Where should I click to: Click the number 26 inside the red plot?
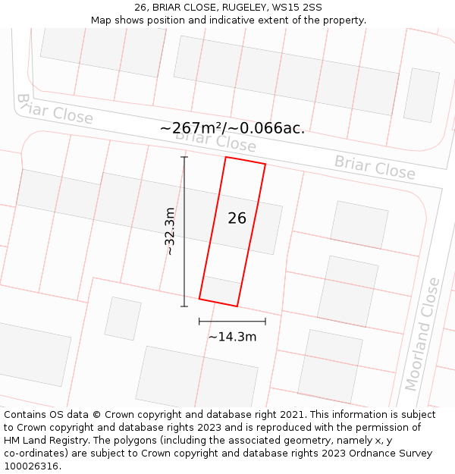(x=237, y=218)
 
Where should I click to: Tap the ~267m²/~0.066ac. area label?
(x=232, y=128)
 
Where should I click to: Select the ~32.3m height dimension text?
(x=170, y=231)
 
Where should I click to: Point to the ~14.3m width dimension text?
(x=232, y=337)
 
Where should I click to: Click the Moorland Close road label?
(x=422, y=334)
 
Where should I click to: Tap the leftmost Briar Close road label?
(x=54, y=110)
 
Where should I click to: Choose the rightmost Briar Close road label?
(x=375, y=167)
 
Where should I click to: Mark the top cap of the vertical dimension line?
(x=184, y=157)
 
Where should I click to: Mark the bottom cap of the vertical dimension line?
(x=184, y=306)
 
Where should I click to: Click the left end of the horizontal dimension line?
(x=199, y=322)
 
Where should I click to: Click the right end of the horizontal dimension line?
(x=265, y=322)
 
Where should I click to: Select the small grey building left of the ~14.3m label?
(x=123, y=319)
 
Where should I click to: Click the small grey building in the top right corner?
(x=421, y=95)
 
